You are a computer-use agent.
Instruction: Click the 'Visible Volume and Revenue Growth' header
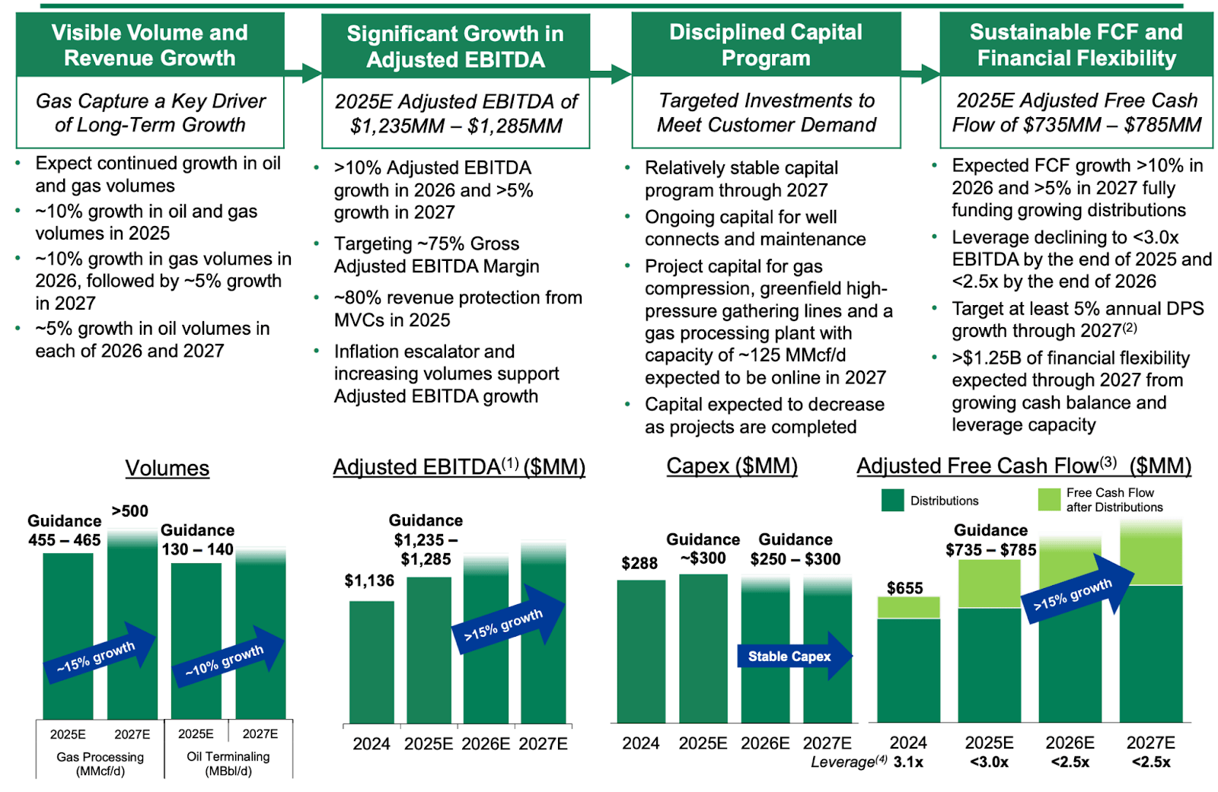pos(150,45)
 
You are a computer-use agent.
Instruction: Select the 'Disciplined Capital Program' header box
pos(766,45)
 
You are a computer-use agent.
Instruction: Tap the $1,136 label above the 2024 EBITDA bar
pos(369,581)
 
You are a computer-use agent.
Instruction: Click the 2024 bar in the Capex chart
pos(641,650)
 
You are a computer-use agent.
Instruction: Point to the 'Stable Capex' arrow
pos(792,657)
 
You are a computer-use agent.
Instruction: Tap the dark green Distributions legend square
pos(892,501)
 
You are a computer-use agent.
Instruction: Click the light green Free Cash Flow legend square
pos(1049,500)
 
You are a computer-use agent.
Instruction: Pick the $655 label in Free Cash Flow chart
pos(904,588)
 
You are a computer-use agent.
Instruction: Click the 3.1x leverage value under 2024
pos(908,762)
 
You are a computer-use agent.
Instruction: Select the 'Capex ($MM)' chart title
pos(732,466)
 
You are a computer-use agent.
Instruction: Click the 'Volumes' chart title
pos(167,468)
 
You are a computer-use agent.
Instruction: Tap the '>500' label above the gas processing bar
pos(130,511)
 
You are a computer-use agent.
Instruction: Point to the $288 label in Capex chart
pos(639,563)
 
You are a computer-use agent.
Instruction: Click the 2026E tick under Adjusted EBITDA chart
pos(486,743)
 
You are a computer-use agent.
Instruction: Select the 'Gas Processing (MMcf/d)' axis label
pos(100,764)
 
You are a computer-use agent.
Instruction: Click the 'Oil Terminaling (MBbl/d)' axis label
pos(228,764)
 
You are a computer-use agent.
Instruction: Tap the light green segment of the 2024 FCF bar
pos(908,607)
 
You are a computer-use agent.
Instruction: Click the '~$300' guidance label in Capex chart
pos(703,558)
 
